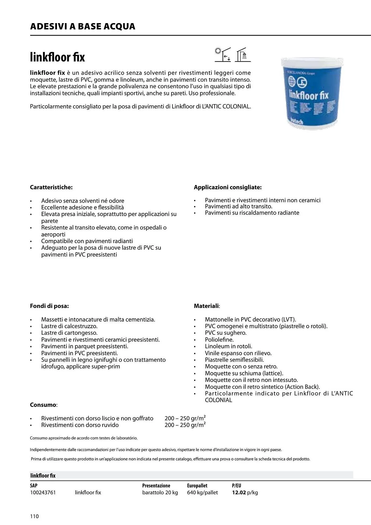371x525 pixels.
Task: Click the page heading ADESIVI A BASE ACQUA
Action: [x=83, y=27]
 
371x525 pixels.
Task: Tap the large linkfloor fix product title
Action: [x=58, y=57]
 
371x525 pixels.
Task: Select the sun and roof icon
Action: [x=223, y=55]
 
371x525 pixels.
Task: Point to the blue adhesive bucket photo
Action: [x=312, y=94]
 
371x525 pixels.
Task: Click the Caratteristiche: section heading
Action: [x=51, y=187]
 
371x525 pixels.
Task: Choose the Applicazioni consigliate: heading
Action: [x=228, y=187]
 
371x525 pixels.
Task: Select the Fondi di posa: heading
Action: [x=49, y=306]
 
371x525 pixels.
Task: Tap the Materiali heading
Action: [x=206, y=306]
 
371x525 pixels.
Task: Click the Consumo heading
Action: [x=43, y=405]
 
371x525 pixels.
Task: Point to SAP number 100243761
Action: [x=43, y=493]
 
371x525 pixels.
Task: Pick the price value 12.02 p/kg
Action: [x=245, y=493]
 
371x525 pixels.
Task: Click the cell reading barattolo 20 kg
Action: [x=160, y=493]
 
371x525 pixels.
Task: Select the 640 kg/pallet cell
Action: [x=202, y=493]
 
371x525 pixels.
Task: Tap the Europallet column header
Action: [x=197, y=486]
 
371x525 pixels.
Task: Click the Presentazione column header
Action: [x=156, y=486]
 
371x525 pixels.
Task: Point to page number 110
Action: [x=34, y=516]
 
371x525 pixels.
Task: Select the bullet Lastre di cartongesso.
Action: [x=69, y=333]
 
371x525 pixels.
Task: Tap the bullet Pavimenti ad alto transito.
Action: [x=239, y=207]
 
